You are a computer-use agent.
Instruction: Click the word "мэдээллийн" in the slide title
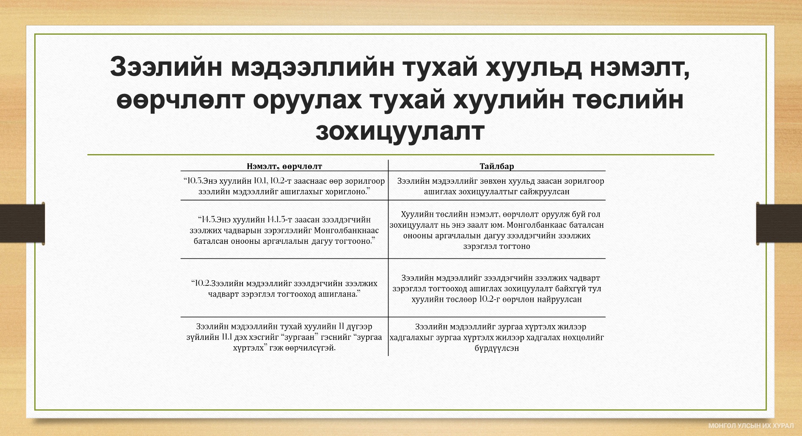[312, 67]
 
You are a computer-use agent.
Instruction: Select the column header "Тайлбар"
[497, 166]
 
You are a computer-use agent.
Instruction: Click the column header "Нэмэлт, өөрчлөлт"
[284, 166]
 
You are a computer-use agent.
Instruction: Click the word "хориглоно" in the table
[345, 192]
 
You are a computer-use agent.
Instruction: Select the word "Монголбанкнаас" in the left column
[347, 231]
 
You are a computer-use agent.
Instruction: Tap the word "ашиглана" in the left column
[338, 295]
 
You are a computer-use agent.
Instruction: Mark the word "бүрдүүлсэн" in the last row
[497, 348]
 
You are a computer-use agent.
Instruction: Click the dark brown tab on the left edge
[22, 223]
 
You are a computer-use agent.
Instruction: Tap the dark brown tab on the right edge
[779, 223]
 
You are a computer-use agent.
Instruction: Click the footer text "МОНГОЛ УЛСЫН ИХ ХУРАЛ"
[751, 425]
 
